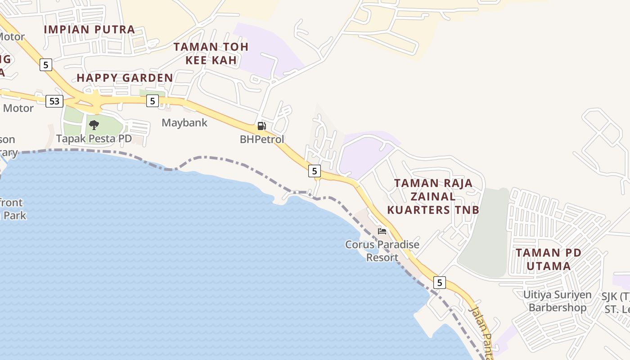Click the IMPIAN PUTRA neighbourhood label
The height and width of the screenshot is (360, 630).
tap(90, 30)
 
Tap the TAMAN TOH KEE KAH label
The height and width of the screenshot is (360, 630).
tap(211, 54)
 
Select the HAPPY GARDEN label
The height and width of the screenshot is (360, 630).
tap(125, 78)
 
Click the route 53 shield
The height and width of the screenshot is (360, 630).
tap(54, 101)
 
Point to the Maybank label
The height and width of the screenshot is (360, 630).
tap(184, 122)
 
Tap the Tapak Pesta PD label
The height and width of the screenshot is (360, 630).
tap(94, 139)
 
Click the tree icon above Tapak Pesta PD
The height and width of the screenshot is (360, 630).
tap(94, 125)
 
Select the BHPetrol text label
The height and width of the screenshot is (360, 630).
tap(262, 139)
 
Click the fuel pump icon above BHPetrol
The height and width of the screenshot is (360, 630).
tap(262, 126)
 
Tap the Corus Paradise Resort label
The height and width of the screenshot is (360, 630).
tap(382, 251)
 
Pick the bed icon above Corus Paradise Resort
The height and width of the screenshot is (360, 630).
tap(382, 231)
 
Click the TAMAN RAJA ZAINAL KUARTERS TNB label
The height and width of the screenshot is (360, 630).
tap(433, 197)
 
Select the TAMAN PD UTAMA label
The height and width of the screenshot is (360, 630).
tap(549, 259)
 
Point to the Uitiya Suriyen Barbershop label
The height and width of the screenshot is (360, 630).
tap(557, 301)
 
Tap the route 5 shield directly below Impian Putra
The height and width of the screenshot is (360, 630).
tap(45, 65)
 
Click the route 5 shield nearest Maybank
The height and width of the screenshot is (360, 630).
tap(153, 101)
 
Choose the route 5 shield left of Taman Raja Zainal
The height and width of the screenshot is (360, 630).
tap(314, 171)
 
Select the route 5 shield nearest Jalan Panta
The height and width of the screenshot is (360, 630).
tap(440, 283)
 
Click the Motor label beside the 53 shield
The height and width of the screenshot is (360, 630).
tap(18, 108)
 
